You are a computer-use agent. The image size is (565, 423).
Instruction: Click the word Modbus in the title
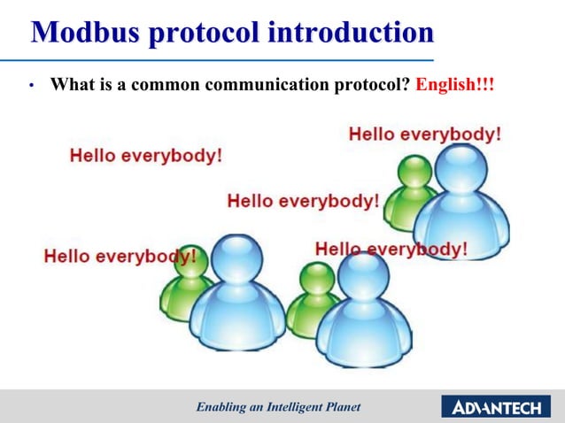(86, 33)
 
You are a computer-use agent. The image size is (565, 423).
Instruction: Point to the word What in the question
(70, 87)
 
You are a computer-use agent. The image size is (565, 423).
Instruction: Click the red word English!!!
(453, 87)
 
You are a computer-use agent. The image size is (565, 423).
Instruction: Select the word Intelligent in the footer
(296, 406)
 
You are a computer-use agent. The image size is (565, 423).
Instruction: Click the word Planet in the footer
(341, 406)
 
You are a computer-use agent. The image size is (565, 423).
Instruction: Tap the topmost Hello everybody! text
(424, 135)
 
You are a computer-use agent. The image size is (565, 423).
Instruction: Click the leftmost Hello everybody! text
(120, 257)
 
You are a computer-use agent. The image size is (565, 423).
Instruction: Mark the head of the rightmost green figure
(414, 173)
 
